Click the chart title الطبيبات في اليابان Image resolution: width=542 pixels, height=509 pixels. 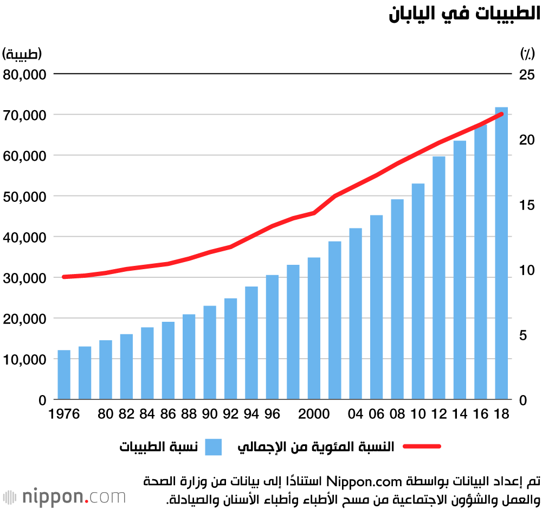(x=464, y=14)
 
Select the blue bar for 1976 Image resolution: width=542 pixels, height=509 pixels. (x=64, y=374)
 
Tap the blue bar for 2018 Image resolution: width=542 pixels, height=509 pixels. (x=501, y=253)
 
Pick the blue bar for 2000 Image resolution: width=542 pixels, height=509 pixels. (x=314, y=328)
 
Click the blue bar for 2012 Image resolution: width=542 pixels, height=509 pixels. (x=439, y=278)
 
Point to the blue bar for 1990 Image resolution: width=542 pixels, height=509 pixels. (x=210, y=353)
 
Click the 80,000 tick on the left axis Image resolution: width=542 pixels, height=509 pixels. (x=24, y=74)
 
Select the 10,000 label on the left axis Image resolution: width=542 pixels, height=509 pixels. (x=24, y=359)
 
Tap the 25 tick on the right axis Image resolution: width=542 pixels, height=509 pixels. (x=527, y=74)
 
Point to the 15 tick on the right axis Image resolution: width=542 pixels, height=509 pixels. (x=527, y=205)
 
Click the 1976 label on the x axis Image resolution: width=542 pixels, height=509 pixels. (x=64, y=415)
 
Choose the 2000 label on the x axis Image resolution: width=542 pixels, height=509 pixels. (x=314, y=415)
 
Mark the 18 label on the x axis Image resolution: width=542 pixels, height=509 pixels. (x=502, y=415)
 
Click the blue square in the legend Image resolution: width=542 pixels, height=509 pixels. (x=213, y=447)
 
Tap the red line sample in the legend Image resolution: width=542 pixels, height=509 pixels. (x=422, y=447)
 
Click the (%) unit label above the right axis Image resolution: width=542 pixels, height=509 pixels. (x=527, y=54)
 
